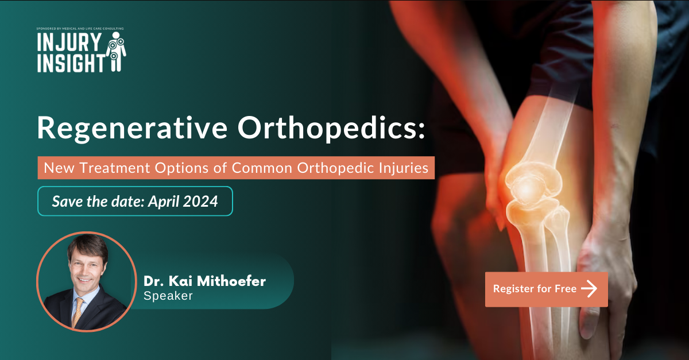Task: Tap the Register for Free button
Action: [x=546, y=289]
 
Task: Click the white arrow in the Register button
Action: [x=589, y=289]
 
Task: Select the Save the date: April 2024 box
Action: [x=135, y=201]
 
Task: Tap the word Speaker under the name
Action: [x=168, y=296]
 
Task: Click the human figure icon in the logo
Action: [x=117, y=52]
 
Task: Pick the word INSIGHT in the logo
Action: [x=71, y=63]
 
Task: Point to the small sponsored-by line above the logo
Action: [x=80, y=28]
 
